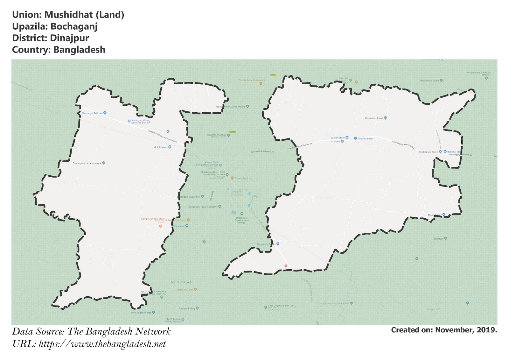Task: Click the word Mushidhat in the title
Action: click(68, 15)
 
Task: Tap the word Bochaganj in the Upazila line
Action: click(74, 26)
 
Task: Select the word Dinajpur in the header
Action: click(69, 38)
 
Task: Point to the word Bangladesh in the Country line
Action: click(79, 50)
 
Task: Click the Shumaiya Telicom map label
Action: click(92, 113)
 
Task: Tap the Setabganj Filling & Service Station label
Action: click(140, 121)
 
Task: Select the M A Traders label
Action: click(161, 147)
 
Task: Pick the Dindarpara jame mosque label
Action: click(87, 163)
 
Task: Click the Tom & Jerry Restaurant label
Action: click(252, 80)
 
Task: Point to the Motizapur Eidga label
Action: click(374, 118)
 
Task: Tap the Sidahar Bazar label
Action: click(365, 139)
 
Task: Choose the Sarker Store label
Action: click(338, 138)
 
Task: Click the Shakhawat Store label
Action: click(428, 152)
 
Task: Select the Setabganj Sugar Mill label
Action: click(189, 197)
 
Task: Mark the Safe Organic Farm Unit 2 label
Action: click(282, 306)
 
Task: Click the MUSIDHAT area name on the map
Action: click(181, 282)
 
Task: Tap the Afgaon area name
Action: click(434, 309)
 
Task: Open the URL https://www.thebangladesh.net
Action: click(102, 344)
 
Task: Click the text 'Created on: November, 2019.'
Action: click(444, 330)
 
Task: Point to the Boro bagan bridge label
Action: click(141, 313)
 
